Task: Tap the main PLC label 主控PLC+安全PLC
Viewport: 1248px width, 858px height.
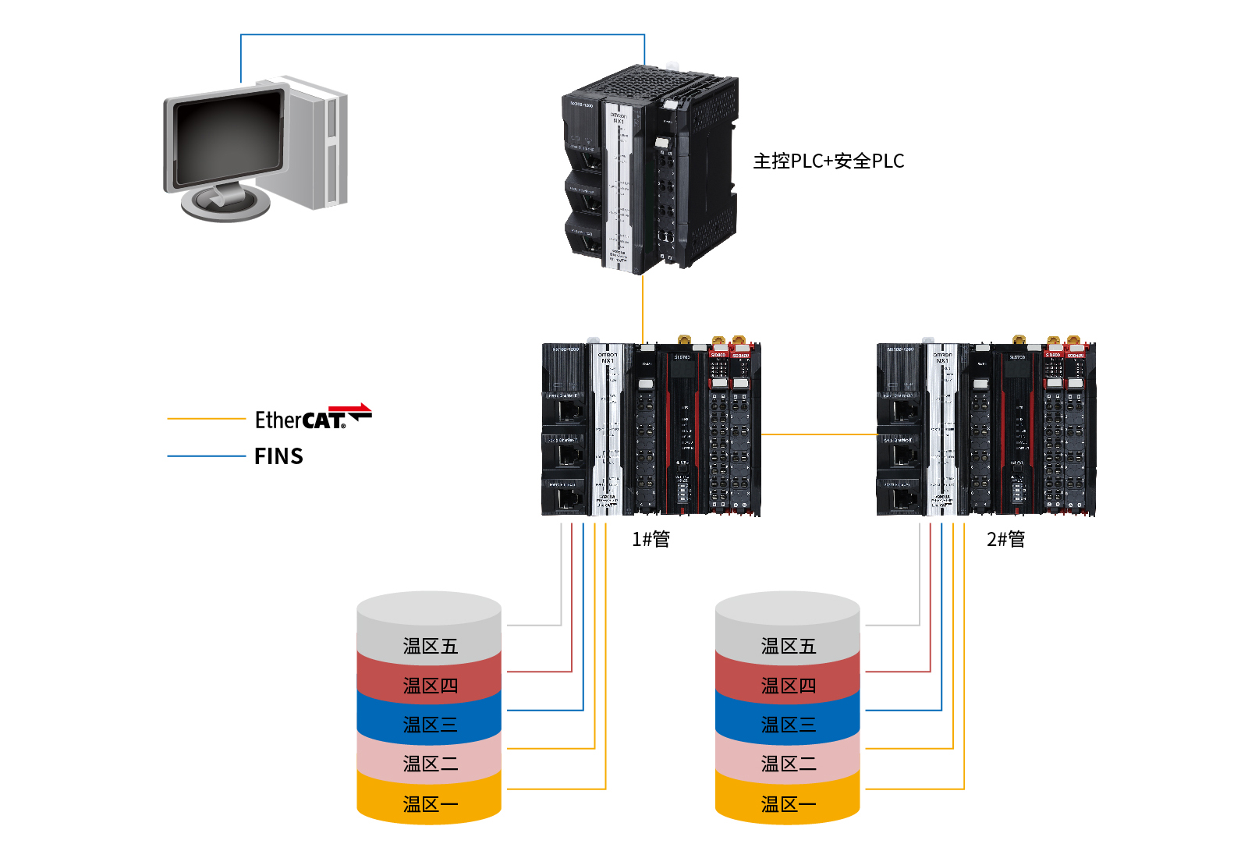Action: click(828, 161)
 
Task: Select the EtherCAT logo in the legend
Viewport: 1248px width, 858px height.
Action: click(313, 418)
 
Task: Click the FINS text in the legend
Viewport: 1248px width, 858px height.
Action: click(278, 456)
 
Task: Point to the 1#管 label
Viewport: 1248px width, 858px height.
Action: click(651, 539)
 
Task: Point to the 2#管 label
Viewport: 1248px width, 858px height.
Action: click(1005, 539)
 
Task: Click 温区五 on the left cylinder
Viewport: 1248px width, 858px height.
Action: click(430, 646)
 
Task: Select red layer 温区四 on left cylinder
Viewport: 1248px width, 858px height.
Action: click(430, 686)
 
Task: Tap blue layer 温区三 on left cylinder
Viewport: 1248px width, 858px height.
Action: click(430, 725)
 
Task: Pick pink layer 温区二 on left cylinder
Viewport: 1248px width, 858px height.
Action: click(430, 764)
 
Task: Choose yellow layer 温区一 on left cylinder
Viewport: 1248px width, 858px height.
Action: click(430, 803)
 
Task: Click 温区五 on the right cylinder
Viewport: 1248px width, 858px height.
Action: click(788, 646)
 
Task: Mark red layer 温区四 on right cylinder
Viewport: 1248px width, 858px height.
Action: click(788, 686)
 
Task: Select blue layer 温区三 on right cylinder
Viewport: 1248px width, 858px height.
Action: click(788, 725)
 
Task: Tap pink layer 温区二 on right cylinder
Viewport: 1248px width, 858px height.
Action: click(788, 764)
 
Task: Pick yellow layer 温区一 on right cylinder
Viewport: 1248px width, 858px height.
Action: click(788, 803)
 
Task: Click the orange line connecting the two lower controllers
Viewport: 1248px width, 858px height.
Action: click(819, 434)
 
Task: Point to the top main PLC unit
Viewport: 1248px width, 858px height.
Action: click(649, 169)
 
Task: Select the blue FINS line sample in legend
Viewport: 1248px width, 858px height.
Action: click(206, 456)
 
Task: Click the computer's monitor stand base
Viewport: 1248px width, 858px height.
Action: click(225, 204)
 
